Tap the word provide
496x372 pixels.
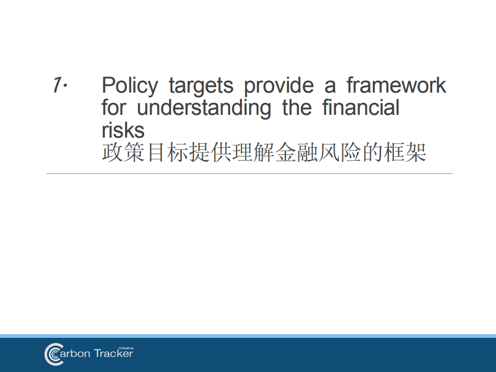coord(279,85)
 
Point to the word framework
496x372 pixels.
coord(396,85)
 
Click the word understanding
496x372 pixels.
coord(204,108)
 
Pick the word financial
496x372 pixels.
coord(360,108)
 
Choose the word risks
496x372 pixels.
coord(123,130)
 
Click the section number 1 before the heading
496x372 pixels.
coord(57,85)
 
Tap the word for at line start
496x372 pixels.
coord(113,108)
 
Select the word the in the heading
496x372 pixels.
coord(297,108)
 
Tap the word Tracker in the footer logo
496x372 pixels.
coord(113,354)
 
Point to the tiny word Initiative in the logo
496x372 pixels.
coord(126,348)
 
